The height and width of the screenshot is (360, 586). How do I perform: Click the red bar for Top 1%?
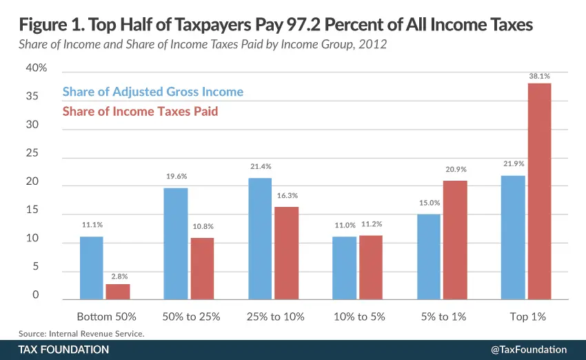[x=539, y=191]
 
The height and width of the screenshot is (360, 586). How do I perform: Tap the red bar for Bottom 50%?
[x=118, y=292]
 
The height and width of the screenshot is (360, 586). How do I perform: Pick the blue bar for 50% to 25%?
[x=176, y=243]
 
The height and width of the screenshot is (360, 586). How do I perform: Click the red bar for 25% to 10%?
[x=286, y=253]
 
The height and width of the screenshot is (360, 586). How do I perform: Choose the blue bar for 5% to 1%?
[x=429, y=257]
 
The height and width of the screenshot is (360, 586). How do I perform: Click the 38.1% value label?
[x=539, y=77]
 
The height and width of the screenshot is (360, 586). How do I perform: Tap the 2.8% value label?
[x=118, y=277]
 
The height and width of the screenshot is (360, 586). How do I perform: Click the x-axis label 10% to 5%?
[x=358, y=317]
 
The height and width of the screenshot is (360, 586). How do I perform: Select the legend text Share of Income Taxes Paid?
[x=140, y=110]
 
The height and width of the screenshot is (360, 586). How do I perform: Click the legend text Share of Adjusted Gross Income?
[x=152, y=92]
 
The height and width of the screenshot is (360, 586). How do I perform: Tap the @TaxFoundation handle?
[x=528, y=350]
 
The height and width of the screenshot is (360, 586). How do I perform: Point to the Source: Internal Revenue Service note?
[x=82, y=333]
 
